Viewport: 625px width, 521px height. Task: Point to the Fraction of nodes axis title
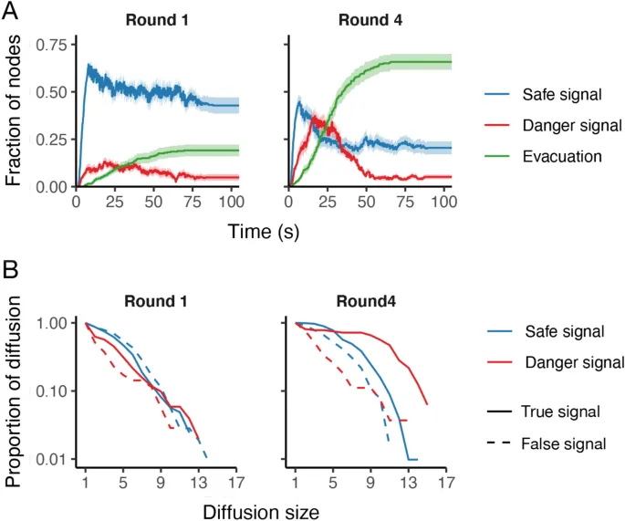15,108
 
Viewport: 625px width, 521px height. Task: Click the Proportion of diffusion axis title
15,389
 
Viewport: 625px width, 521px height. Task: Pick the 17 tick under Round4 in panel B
446,481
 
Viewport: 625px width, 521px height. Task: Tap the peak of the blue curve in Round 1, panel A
89,65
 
